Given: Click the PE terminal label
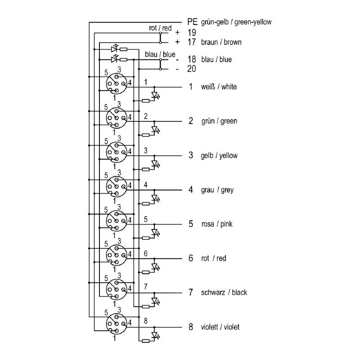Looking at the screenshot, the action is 192,22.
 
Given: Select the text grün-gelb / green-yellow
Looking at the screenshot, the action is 236,22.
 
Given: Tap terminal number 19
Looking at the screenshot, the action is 192,32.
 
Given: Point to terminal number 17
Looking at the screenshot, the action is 192,42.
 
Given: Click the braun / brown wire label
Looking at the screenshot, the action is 221,42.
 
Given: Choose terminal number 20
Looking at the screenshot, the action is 192,69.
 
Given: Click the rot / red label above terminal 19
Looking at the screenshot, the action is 160,28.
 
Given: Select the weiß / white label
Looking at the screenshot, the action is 219,87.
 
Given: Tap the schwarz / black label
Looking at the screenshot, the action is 224,292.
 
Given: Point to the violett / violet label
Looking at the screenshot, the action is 220,327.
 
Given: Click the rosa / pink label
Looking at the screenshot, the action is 217,224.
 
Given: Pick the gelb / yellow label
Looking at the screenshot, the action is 219,156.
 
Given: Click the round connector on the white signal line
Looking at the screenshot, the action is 117,84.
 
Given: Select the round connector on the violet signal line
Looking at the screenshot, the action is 117,324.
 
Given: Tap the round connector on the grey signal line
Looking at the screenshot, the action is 117,186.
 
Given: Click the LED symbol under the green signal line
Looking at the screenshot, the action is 155,130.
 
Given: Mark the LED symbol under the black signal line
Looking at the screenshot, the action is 155,301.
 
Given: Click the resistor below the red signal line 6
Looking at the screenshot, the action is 146,272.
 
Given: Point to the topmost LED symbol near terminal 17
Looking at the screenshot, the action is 114,49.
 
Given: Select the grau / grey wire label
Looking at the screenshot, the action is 217,190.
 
